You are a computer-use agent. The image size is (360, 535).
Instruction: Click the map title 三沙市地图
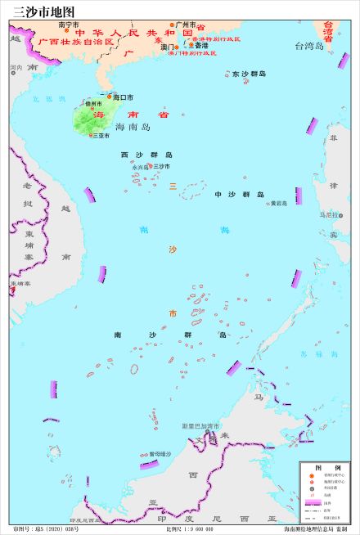(38, 11)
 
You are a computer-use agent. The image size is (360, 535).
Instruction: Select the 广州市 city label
(187, 25)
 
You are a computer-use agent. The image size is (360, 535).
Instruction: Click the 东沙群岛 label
(249, 74)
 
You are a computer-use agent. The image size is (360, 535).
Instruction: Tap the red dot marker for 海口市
(110, 97)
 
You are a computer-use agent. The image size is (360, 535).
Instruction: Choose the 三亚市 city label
(101, 136)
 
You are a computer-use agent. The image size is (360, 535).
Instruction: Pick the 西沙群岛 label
(146, 155)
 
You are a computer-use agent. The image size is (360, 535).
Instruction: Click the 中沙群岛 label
(239, 195)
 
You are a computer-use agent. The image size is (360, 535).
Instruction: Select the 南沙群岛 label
(170, 335)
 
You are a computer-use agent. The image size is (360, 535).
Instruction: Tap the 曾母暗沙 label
(160, 454)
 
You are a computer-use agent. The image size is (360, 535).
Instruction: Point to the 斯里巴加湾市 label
(200, 426)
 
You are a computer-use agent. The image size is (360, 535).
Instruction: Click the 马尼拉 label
(328, 214)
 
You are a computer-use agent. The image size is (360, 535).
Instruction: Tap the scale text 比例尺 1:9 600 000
(190, 529)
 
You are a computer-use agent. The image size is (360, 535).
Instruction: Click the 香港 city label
(201, 46)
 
